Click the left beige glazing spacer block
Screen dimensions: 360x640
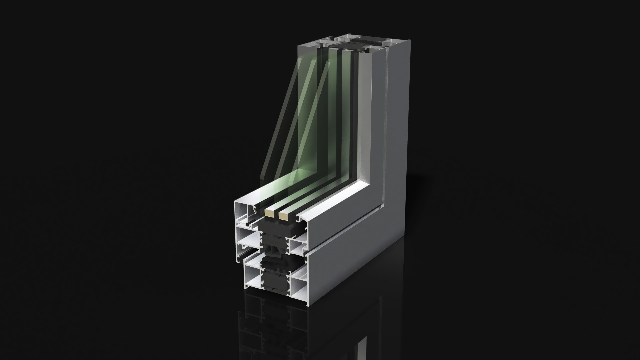pos(269,213)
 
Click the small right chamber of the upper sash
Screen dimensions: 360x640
pos(297,247)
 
